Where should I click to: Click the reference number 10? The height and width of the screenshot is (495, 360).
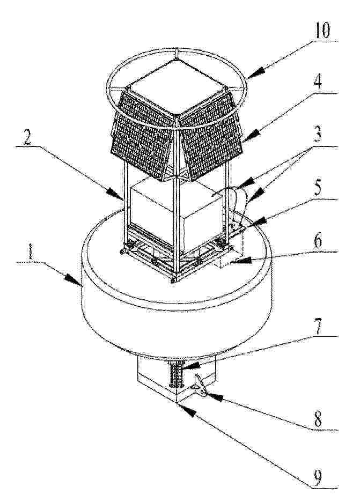pyautogui.click(x=322, y=31)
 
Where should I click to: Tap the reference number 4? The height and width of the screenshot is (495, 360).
pyautogui.click(x=318, y=82)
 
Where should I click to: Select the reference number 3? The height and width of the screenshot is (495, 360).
pyautogui.click(x=318, y=135)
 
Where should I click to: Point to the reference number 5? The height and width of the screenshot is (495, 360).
pyautogui.click(x=318, y=188)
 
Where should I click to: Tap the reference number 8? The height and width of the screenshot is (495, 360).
pyautogui.click(x=318, y=419)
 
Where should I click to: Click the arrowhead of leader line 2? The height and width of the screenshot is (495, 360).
pyautogui.click(x=115, y=192)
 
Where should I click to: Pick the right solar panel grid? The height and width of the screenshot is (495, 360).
pyautogui.click(x=211, y=136)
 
